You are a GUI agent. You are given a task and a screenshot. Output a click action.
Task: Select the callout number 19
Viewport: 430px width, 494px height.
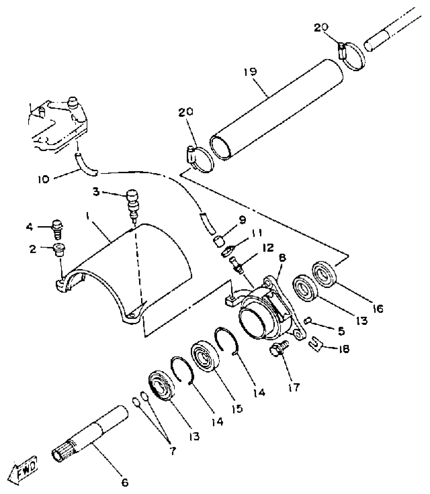pyautogui.click(x=250, y=72)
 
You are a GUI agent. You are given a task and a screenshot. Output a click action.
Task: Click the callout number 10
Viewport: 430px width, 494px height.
pyautogui.click(x=44, y=180)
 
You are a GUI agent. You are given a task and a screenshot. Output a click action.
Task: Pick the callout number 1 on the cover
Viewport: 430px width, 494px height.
pyautogui.click(x=88, y=216)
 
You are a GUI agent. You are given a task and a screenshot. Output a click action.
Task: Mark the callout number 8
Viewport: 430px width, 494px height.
pyautogui.click(x=282, y=258)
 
